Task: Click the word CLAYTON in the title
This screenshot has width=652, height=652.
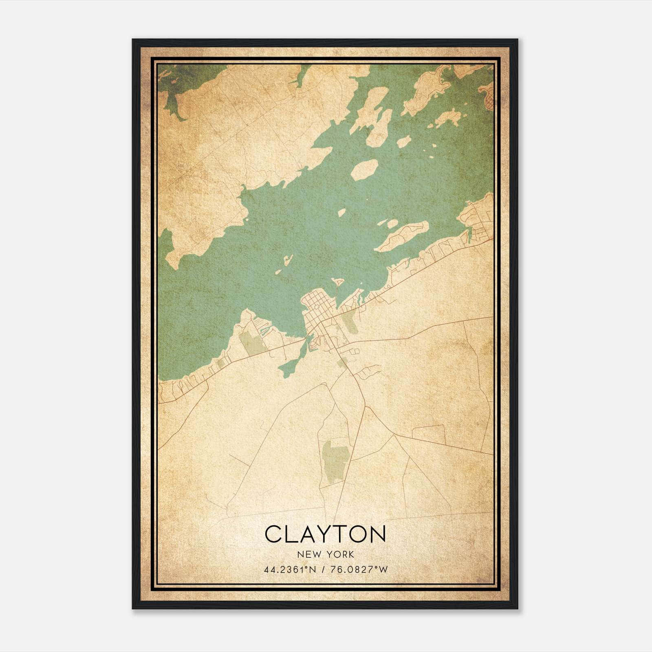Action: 325,534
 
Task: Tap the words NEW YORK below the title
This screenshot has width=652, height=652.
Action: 326,555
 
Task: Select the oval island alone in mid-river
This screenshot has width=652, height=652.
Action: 364,170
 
